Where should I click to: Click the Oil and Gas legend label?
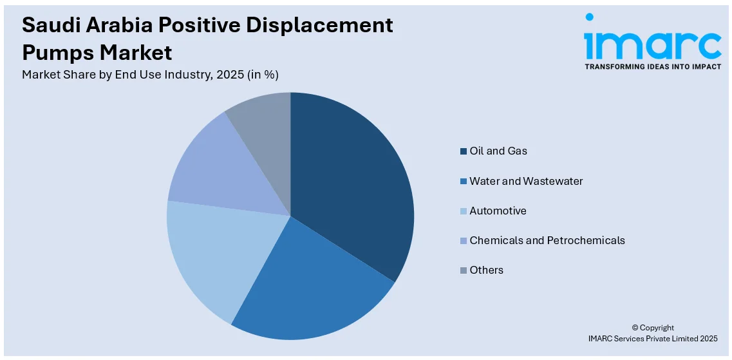point(498,151)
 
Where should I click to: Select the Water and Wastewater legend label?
point(525,181)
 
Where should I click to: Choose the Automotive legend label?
point(498,211)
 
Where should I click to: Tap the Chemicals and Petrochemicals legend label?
point(547,240)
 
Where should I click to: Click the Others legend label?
point(486,270)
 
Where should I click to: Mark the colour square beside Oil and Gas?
point(463,151)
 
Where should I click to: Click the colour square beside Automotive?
point(463,211)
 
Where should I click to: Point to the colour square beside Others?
point(463,270)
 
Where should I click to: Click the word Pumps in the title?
point(60,52)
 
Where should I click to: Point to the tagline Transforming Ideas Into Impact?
point(652,66)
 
